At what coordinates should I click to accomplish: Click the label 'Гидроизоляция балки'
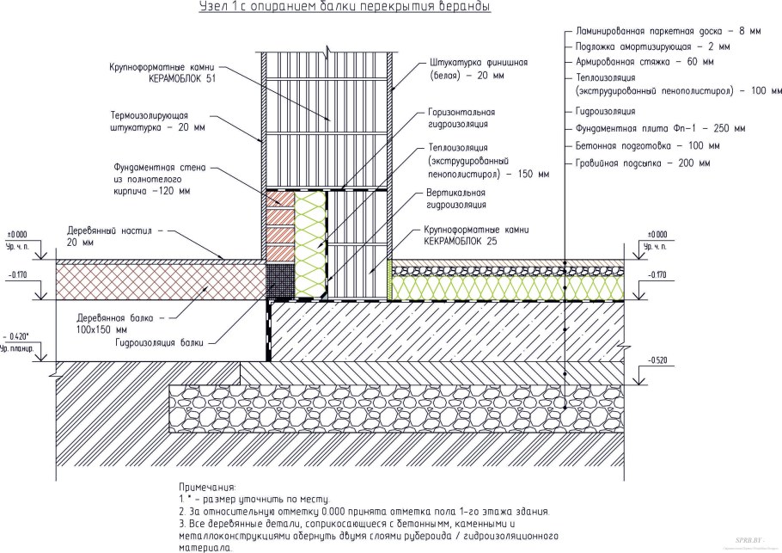click(x=161, y=342)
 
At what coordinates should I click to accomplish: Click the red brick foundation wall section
click(x=278, y=224)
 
